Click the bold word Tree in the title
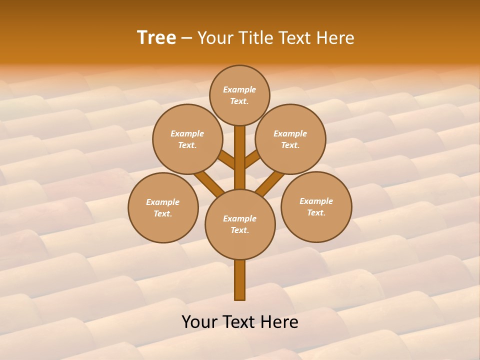[156, 38]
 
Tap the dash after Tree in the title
[186, 38]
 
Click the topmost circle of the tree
[239, 95]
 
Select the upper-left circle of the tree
[187, 139]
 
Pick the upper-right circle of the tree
[290, 139]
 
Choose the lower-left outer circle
[163, 207]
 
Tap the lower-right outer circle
[316, 206]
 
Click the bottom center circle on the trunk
[240, 224]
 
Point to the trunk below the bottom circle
[240, 280]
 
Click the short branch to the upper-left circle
[227, 159]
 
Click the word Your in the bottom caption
[200, 322]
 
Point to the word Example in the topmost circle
[239, 89]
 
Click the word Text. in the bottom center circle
[240, 230]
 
